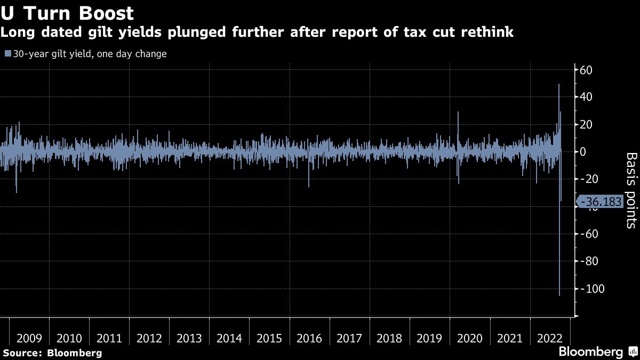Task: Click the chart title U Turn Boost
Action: [67, 12]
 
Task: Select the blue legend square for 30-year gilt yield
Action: [7, 54]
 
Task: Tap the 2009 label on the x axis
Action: [29, 338]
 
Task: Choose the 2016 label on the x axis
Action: [309, 338]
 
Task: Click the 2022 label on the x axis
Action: [549, 338]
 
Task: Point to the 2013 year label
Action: [189, 338]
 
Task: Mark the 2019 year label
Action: [429, 338]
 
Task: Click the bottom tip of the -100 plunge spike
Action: [559, 295]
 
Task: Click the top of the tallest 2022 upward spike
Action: [558, 84]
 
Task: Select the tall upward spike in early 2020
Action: [458, 113]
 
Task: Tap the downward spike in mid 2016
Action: [308, 186]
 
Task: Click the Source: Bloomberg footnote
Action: [52, 353]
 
